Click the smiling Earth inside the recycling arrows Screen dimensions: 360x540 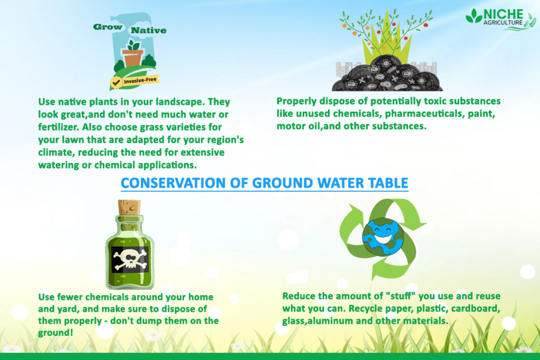[x=382, y=237]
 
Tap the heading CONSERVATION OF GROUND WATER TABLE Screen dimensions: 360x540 [x=264, y=183]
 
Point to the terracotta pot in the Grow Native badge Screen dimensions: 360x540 [x=132, y=57]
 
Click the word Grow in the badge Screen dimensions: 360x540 [x=108, y=27]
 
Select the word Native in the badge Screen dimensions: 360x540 [x=149, y=30]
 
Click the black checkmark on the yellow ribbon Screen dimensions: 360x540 [x=116, y=82]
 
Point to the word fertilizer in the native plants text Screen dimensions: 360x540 [x=57, y=127]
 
